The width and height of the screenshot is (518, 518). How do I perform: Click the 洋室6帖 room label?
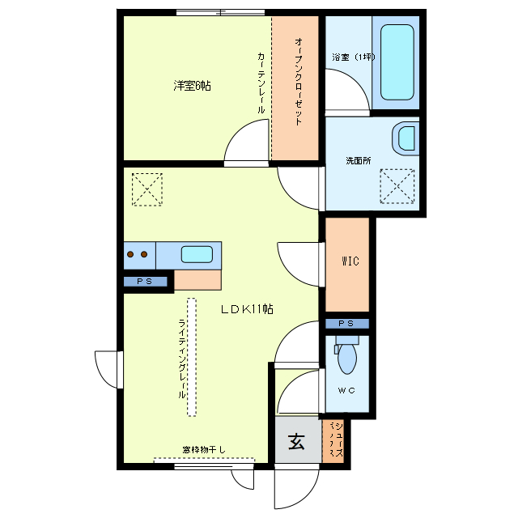[192, 85]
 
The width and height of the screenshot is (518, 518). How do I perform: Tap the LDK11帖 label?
[247, 308]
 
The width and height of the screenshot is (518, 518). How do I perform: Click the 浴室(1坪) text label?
[354, 57]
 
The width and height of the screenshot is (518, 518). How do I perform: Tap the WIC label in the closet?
[350, 261]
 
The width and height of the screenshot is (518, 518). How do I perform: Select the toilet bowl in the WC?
[347, 357]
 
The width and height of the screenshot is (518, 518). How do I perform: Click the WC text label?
[347, 390]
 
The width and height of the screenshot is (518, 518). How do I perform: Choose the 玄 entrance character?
[297, 443]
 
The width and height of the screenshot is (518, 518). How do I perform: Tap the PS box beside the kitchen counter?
[146, 282]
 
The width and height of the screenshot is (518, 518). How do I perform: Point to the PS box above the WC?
[346, 324]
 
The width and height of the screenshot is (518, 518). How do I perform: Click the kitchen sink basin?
[197, 254]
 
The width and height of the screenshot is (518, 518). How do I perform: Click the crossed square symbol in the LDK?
[146, 190]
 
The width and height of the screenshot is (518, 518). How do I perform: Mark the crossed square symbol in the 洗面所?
[397, 186]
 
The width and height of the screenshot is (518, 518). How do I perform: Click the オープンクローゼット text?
[298, 80]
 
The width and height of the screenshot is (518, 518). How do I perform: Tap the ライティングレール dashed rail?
[192, 356]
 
